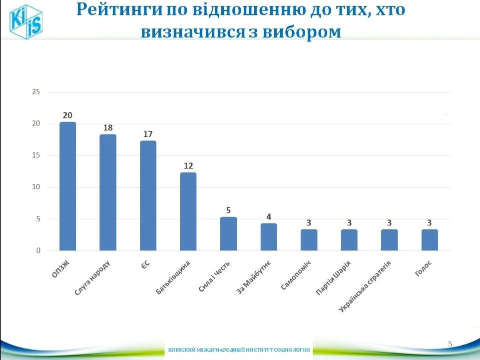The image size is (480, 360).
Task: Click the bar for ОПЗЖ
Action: point(67,186)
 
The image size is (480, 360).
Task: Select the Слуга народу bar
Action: point(108,192)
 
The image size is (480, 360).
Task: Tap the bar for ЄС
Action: point(148,195)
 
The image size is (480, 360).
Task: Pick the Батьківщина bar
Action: point(188,211)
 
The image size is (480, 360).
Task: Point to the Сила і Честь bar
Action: point(228,234)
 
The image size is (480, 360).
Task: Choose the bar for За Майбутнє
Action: point(269,237)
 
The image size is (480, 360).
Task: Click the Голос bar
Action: point(430,240)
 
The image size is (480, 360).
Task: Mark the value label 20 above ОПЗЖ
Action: point(67,115)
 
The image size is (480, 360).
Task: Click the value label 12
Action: point(188,165)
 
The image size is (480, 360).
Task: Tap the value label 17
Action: point(148,134)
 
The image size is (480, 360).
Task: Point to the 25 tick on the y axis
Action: point(35,92)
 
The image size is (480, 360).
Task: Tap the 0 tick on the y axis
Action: point(37,250)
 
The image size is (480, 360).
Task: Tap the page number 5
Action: point(450,343)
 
